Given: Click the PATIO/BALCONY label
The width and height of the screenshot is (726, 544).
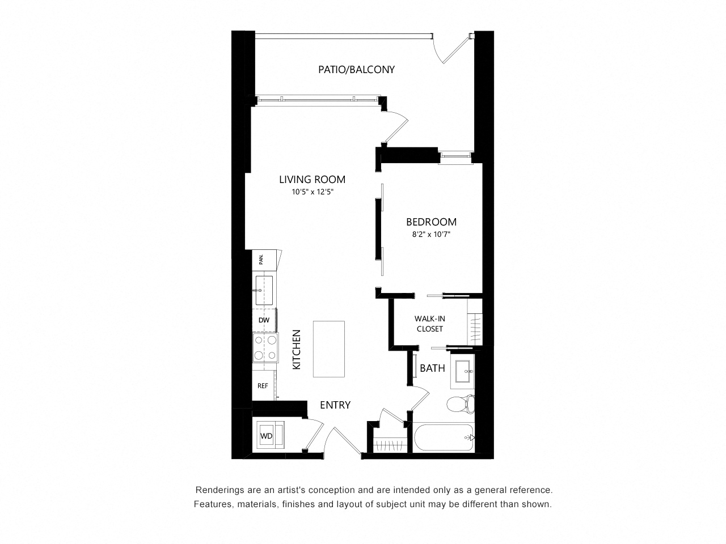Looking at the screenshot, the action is (356, 70).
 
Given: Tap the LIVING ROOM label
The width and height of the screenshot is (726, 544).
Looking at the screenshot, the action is (312, 180).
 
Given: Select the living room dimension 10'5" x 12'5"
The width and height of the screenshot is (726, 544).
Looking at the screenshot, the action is (312, 192).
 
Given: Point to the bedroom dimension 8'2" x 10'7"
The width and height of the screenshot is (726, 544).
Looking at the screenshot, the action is (431, 235).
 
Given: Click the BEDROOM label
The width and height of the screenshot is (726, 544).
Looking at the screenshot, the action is (431, 222).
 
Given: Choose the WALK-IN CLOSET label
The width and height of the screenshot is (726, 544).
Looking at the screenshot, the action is (430, 324).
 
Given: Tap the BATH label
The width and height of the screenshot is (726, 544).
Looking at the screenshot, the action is (432, 368).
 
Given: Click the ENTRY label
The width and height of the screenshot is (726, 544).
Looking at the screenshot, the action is (335, 405).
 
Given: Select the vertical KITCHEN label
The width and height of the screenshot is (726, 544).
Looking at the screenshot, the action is (297, 350).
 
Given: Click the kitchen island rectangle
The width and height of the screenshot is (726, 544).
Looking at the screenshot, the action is (329, 349).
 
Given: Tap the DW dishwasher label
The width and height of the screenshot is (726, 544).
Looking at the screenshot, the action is (264, 320).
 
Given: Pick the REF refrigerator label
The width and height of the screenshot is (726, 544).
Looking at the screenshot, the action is (263, 386).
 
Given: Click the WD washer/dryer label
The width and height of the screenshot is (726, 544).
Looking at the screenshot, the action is (266, 436).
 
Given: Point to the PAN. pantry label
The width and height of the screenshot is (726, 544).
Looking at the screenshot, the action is (261, 260).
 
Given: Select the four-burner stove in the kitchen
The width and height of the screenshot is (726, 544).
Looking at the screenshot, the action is (265, 347).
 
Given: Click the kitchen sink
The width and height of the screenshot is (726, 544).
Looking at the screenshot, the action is (264, 290).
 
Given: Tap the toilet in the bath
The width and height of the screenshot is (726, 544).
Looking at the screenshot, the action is (461, 404).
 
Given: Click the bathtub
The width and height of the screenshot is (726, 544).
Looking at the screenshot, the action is (444, 437).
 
